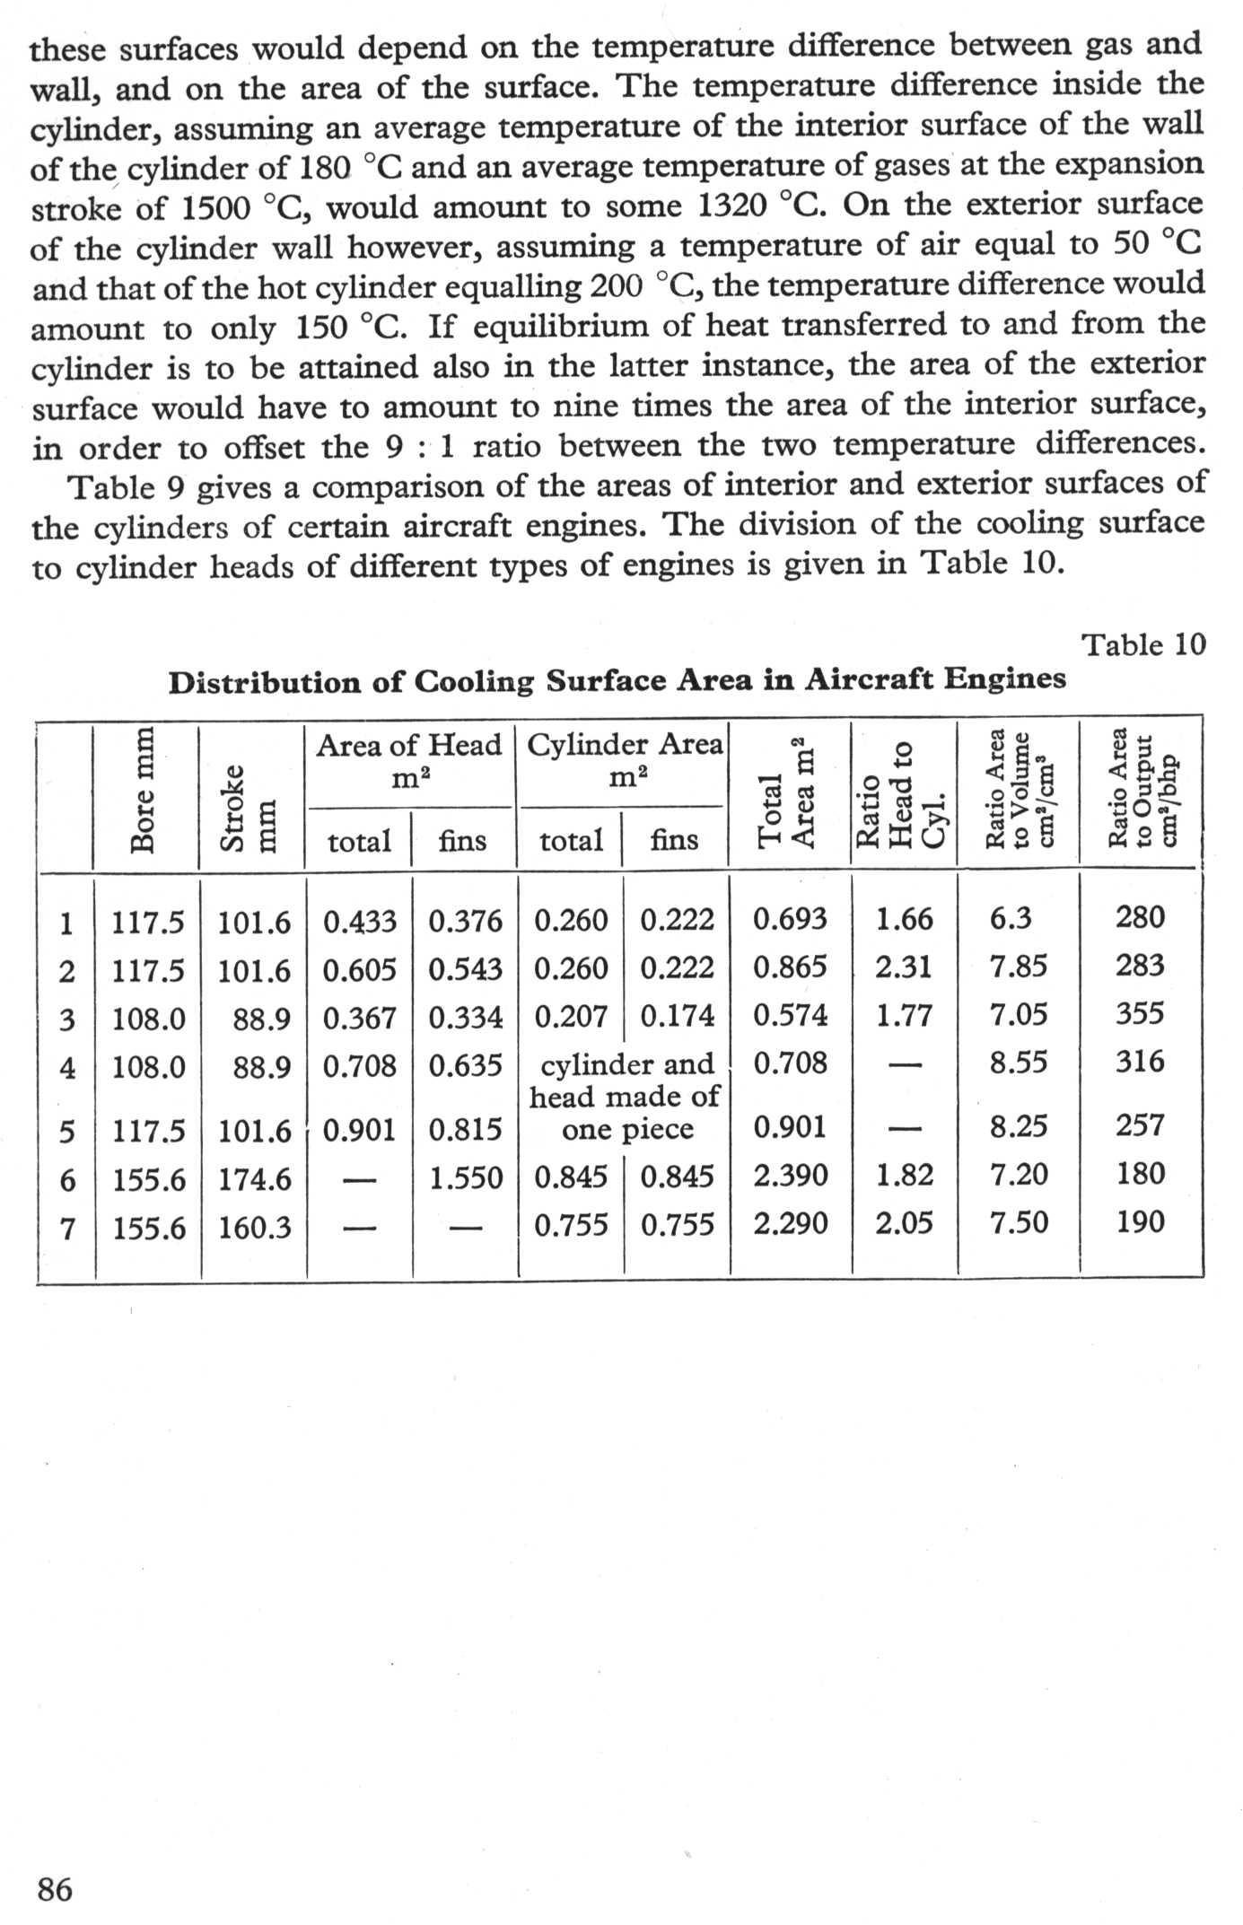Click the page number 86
click(x=55, y=1888)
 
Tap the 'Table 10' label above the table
click(x=1143, y=644)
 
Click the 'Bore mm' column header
click(x=143, y=791)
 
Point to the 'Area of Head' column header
click(x=408, y=745)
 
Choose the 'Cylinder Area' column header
click(x=624, y=745)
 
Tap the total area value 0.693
click(x=790, y=919)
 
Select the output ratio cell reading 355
click(x=1140, y=1014)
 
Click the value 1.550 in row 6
click(x=465, y=1177)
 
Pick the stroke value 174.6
click(x=255, y=1179)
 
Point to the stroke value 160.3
click(x=255, y=1227)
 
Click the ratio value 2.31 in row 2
click(x=904, y=967)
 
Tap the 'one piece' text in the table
click(x=627, y=1129)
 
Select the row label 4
click(x=66, y=1069)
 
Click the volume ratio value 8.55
click(x=1019, y=1063)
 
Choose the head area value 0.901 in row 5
click(x=359, y=1129)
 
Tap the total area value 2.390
click(x=790, y=1176)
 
